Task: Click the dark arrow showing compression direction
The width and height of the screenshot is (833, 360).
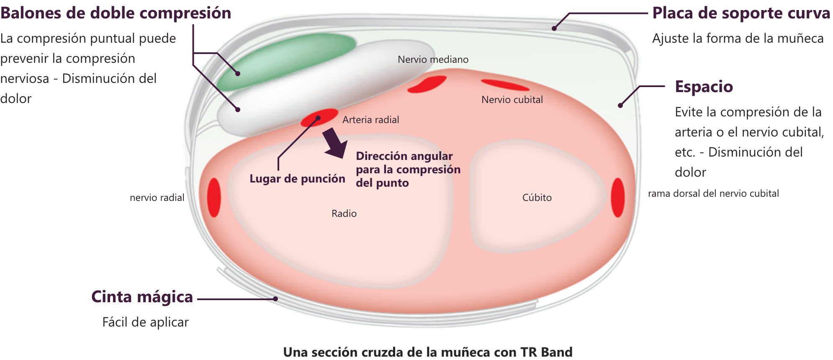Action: click(335, 143)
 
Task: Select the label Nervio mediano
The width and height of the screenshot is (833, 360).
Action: click(433, 59)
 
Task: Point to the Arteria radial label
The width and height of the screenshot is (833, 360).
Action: click(370, 120)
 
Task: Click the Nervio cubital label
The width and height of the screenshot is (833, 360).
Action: click(512, 100)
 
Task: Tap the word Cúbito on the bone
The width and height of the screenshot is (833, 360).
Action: click(537, 198)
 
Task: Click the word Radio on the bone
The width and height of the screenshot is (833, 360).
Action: click(344, 213)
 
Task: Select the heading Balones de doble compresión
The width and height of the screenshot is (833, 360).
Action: click(116, 13)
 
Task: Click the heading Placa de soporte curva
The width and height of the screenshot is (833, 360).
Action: click(741, 13)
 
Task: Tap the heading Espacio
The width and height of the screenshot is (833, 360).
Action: click(704, 87)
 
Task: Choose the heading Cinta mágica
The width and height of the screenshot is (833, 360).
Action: click(142, 296)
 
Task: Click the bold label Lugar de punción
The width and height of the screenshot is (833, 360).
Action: click(297, 179)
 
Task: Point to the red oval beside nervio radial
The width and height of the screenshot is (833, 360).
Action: click(214, 198)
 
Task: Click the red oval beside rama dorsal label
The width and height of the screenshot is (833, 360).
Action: click(618, 198)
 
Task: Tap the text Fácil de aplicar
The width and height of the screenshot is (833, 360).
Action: click(145, 322)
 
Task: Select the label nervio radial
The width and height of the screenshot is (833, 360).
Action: click(157, 198)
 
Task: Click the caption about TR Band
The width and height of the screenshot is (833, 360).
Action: click(428, 352)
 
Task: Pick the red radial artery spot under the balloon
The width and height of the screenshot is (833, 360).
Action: click(319, 118)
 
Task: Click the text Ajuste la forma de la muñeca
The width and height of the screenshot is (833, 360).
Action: click(738, 39)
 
